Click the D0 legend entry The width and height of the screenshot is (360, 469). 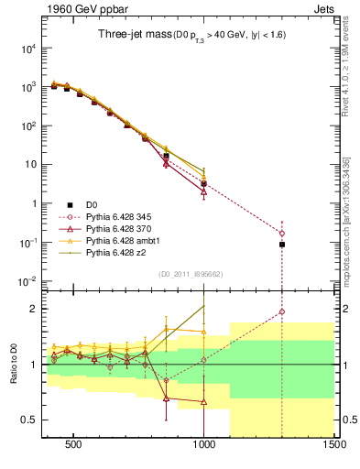point(93,204)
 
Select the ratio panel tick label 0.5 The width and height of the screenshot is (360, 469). point(27,420)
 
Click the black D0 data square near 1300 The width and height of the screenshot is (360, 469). point(282,245)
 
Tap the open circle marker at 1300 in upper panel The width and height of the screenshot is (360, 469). point(282,234)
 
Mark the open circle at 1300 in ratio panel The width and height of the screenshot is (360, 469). point(282,311)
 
